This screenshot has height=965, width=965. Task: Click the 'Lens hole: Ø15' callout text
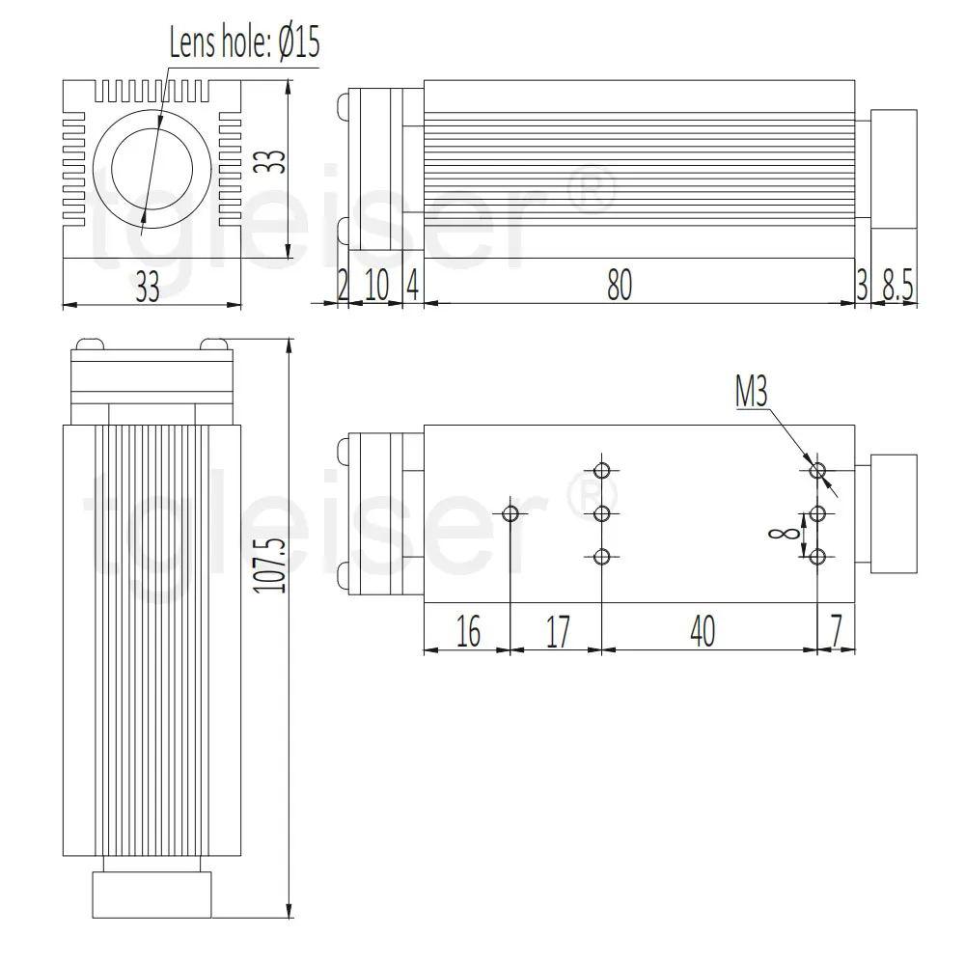pos(244,43)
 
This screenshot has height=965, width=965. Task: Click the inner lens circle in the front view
pos(151,166)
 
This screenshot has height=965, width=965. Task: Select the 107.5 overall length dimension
pos(275,565)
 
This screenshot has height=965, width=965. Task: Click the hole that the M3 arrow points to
pos(818,471)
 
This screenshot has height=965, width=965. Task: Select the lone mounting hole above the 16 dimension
pos(511,513)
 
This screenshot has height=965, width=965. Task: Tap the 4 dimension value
pos(412,286)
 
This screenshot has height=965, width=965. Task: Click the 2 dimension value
pos(342,286)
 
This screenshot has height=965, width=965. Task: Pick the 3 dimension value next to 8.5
pos(862,286)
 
